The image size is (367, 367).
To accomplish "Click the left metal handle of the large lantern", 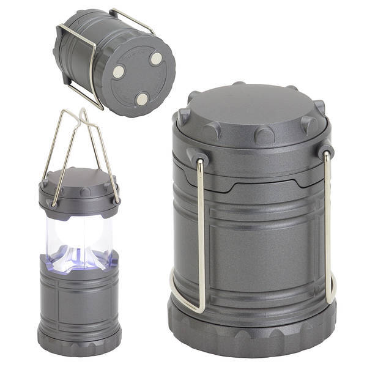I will (x=183, y=257).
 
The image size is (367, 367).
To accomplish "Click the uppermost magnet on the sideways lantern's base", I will (x=157, y=59).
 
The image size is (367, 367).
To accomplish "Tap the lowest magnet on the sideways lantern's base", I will (x=142, y=98).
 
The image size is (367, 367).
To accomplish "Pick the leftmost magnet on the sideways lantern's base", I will (x=118, y=72).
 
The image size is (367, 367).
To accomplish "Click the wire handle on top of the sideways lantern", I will (x=132, y=19).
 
